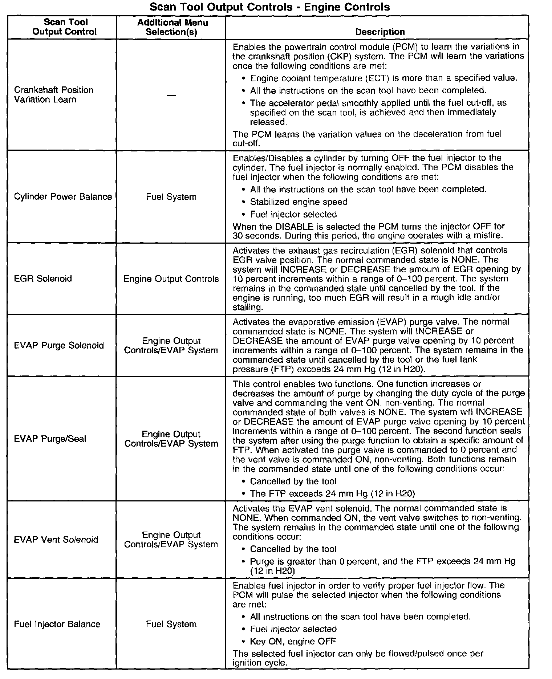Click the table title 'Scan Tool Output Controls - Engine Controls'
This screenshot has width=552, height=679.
pos(269,7)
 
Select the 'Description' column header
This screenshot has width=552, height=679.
pos(380,32)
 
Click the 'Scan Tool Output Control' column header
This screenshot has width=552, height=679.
pos(65,27)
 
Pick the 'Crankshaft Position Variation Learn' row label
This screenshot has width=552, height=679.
pos(54,95)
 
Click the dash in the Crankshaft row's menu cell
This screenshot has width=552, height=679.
pos(171,95)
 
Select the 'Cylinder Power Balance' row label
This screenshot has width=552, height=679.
pos(63,197)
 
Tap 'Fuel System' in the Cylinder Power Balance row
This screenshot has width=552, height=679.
pos(171,197)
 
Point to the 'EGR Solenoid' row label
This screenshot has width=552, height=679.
pos(43,278)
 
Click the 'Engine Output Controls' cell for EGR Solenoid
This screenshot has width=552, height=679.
pos(171,279)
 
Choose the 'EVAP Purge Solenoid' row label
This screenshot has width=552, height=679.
pos(59,345)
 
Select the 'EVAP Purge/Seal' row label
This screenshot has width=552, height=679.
pos(50,439)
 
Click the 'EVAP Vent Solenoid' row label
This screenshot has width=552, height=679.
pos(56,540)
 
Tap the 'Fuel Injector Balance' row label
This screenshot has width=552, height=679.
pos(57,624)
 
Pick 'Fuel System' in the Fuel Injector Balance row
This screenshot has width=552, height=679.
pos(171,624)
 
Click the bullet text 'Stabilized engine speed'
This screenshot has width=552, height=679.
pos(299,202)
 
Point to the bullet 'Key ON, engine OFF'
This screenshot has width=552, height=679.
pos(293,641)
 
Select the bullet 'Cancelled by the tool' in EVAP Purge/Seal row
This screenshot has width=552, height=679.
pos(293,481)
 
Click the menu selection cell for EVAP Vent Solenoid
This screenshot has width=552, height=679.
pos(171,540)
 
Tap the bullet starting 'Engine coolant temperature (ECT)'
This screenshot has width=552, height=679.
pos(383,78)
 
